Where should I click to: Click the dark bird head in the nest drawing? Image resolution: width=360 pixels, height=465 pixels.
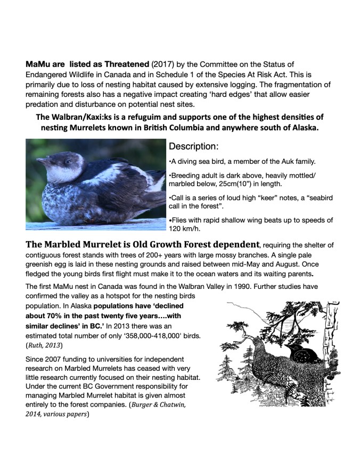pos(295,350)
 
